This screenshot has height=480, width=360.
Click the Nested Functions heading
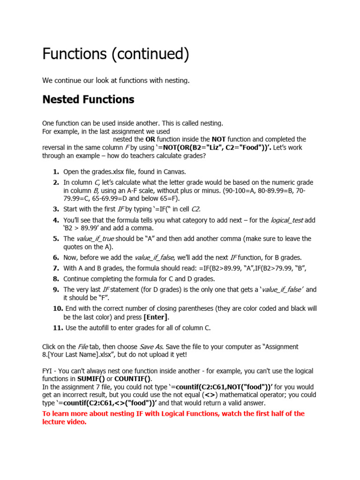[x=88, y=99]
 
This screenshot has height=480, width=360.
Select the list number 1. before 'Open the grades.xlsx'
[x=56, y=172]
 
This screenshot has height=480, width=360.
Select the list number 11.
[x=58, y=328]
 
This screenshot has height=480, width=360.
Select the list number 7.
[x=56, y=268]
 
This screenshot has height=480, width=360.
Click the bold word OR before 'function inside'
[x=150, y=139]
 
